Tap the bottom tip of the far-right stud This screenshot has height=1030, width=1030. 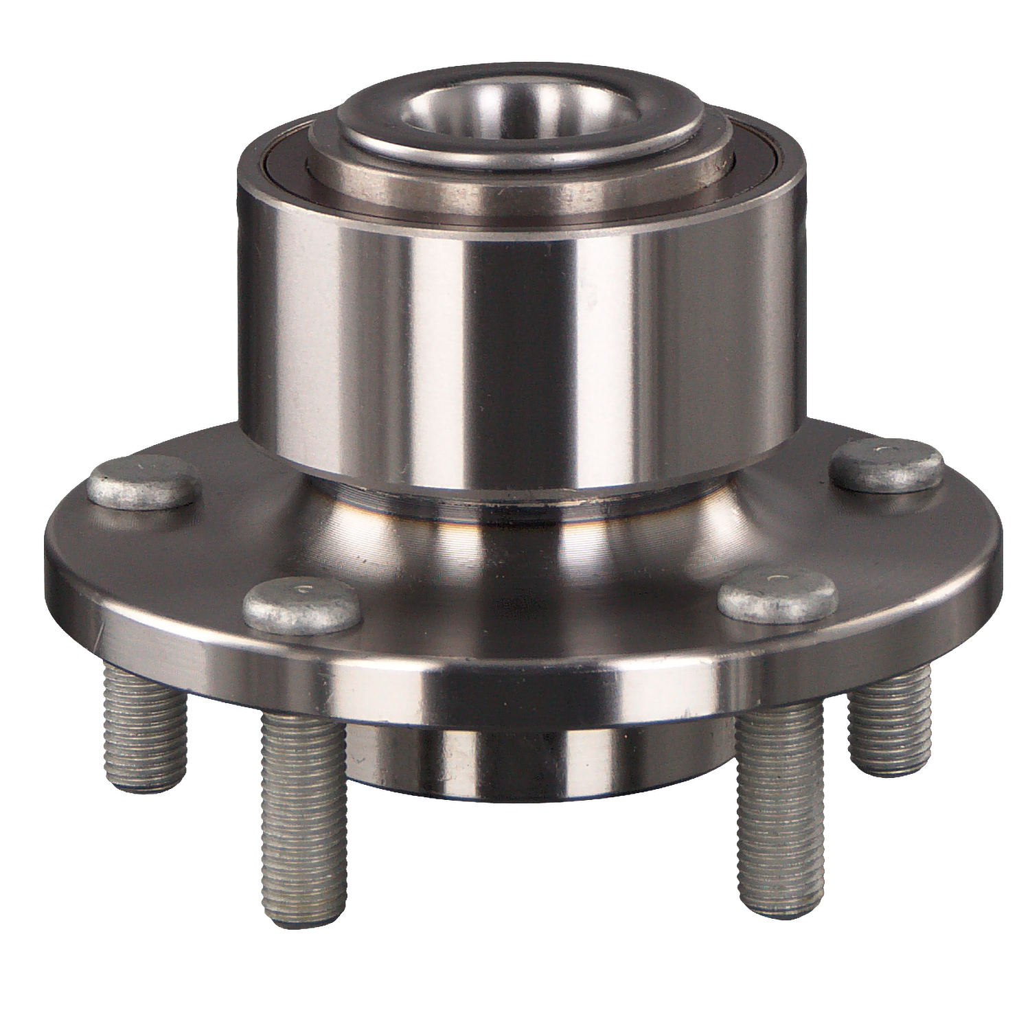[x=893, y=759]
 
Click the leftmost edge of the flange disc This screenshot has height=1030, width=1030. [x=48, y=560]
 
